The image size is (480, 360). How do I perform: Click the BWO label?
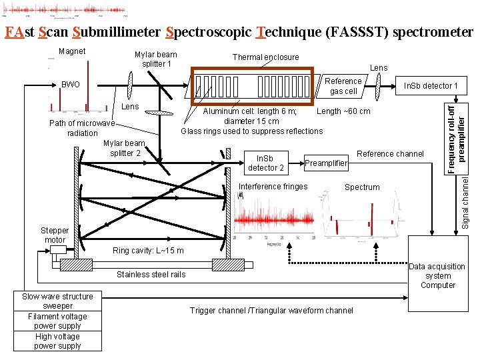pyautogui.click(x=70, y=85)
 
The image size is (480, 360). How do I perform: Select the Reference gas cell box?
pyautogui.click(x=343, y=86)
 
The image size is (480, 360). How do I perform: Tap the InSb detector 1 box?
pyautogui.click(x=430, y=86)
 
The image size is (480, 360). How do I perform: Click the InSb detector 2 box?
pyautogui.click(x=266, y=163)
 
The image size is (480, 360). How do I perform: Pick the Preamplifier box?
pyautogui.click(x=326, y=163)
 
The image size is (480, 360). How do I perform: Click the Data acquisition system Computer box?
pyautogui.click(x=437, y=275)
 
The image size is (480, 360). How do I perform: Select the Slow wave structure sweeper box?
pyautogui.click(x=57, y=301)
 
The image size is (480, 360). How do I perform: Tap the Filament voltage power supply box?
pyautogui.click(x=57, y=321)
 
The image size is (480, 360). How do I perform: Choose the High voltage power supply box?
pyautogui.click(x=57, y=341)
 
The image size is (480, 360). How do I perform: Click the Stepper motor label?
pyautogui.click(x=55, y=235)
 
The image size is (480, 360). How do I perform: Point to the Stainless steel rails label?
pyautogui.click(x=151, y=274)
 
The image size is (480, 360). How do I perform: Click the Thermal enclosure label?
pyautogui.click(x=265, y=57)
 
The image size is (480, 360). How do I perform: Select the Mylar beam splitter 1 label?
pyautogui.click(x=155, y=59)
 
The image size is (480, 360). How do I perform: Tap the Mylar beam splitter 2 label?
pyautogui.click(x=124, y=148)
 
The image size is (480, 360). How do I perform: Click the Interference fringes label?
pyautogui.click(x=273, y=187)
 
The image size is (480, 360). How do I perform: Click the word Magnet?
pyautogui.click(x=72, y=51)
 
